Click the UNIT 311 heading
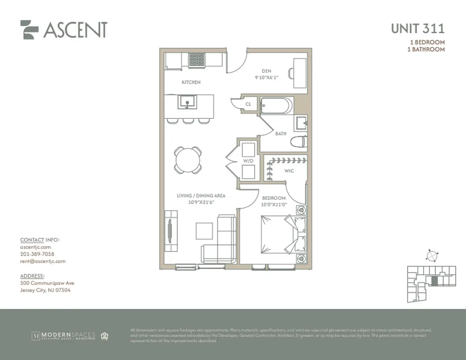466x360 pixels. [x=417, y=28]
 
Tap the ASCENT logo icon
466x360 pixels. [x=29, y=30]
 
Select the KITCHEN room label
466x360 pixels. [x=191, y=82]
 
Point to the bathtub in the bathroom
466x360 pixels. [x=276, y=106]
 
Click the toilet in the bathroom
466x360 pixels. [x=299, y=142]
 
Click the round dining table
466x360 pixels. [x=188, y=160]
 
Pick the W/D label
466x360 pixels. [x=248, y=161]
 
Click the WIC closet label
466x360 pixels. [x=289, y=171]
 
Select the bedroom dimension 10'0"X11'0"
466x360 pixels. [x=274, y=205]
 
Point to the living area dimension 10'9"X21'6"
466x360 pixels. [x=201, y=202]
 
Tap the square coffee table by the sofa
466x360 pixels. [x=204, y=231]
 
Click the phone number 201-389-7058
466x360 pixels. [x=37, y=254]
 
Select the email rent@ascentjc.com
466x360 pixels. [x=43, y=261]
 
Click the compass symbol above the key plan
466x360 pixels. [x=431, y=255]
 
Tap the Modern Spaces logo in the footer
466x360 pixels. [x=63, y=336]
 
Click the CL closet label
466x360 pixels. [x=248, y=104]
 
